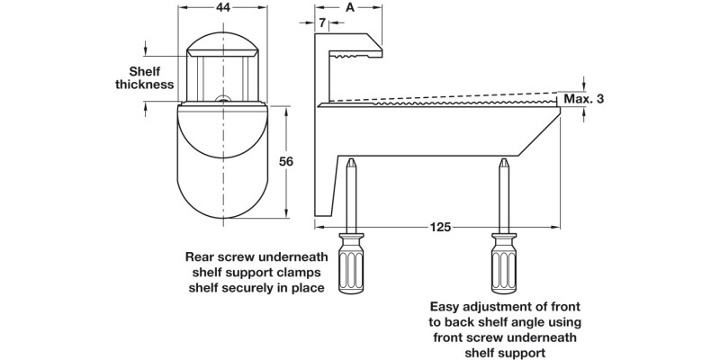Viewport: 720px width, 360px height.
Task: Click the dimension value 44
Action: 221,8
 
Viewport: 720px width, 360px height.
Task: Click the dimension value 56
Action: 286,162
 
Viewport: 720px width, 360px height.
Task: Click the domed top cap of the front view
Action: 221,41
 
